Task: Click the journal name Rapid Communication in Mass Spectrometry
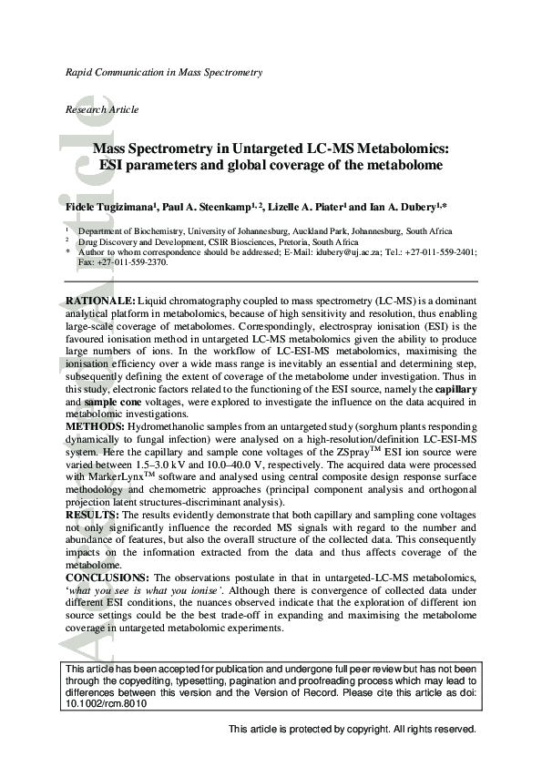tap(164, 71)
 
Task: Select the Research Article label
tap(102, 109)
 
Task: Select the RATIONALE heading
tap(100, 300)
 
